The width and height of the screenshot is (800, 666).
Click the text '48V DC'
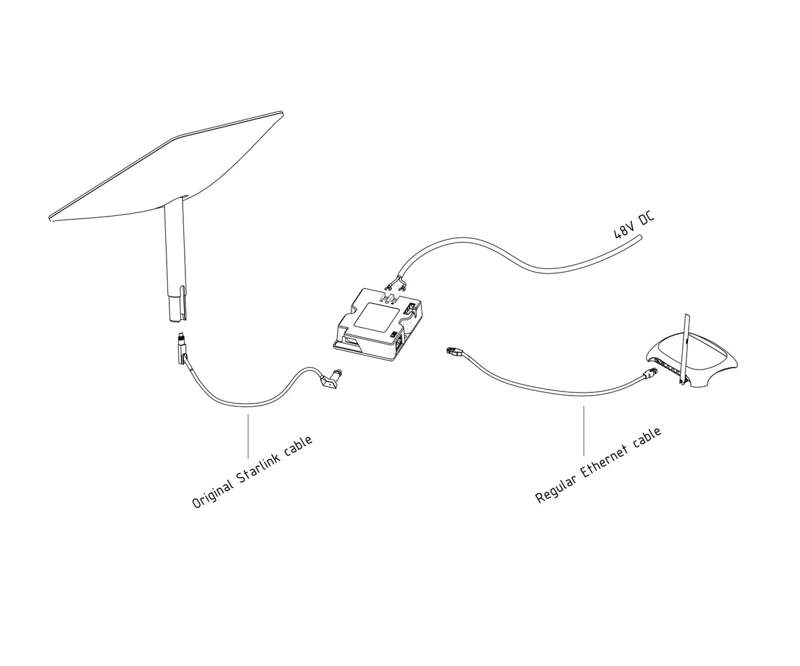click(x=634, y=224)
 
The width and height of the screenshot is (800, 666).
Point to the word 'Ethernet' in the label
click(x=604, y=460)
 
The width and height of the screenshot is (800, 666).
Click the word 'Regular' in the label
click(x=555, y=489)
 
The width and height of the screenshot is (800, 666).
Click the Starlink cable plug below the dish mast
click(x=181, y=346)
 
